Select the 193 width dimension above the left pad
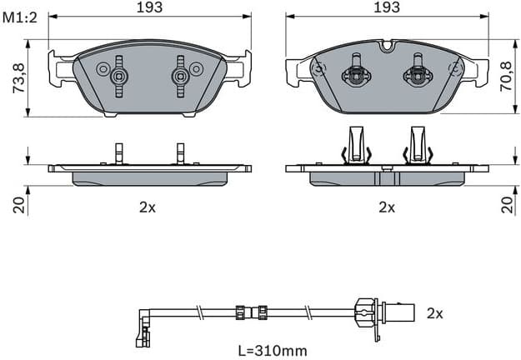(150, 7)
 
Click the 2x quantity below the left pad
(147, 207)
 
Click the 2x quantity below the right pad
(387, 207)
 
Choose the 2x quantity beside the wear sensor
(433, 313)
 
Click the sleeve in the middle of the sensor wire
(257, 314)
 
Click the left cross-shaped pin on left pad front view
(118, 75)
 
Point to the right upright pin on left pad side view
(180, 152)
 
